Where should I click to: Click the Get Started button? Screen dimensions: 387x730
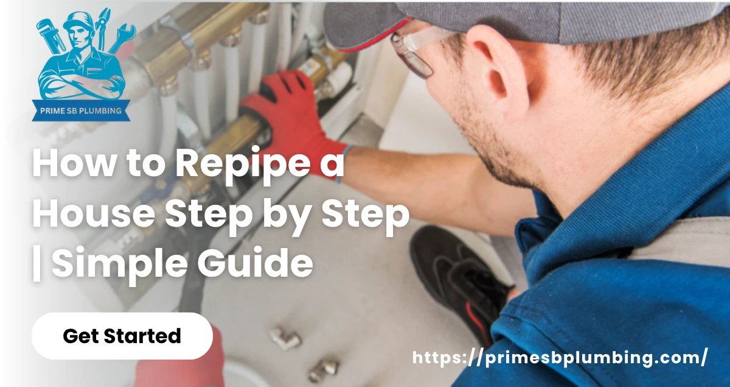point(122,336)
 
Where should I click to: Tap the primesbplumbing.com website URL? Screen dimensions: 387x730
point(560,358)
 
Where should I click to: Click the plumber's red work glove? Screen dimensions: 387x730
point(286,116)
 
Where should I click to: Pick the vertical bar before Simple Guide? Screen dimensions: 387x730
point(37,265)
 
